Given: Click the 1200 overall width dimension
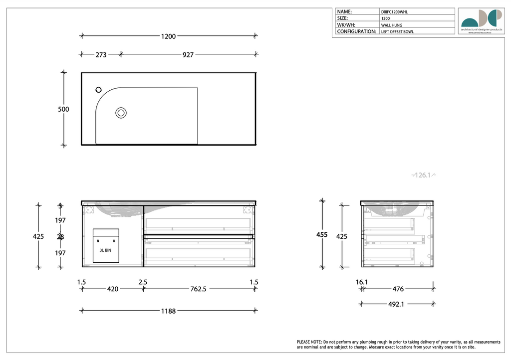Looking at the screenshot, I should [x=168, y=36].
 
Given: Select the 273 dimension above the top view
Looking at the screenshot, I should [x=101, y=55].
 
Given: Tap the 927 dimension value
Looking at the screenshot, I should [x=188, y=55].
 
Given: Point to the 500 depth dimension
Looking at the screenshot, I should [x=63, y=109].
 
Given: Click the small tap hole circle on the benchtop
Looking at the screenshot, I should [x=98, y=90].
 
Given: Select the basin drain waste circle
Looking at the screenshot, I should [x=121, y=113].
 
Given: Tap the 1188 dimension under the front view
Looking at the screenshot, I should [x=168, y=311].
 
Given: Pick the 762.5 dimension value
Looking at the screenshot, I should [x=198, y=289].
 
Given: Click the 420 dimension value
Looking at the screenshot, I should [x=113, y=289].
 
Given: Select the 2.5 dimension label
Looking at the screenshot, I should [x=143, y=282].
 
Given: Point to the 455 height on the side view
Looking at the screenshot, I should [x=322, y=234].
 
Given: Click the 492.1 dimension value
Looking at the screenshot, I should [x=395, y=304].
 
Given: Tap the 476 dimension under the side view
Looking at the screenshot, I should [x=398, y=289].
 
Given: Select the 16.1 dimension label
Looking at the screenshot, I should [x=362, y=282].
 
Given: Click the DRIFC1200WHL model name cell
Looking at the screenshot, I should [x=397, y=11].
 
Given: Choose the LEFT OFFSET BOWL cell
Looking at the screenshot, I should [x=397, y=31].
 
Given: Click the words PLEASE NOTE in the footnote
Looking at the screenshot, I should [x=309, y=342].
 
